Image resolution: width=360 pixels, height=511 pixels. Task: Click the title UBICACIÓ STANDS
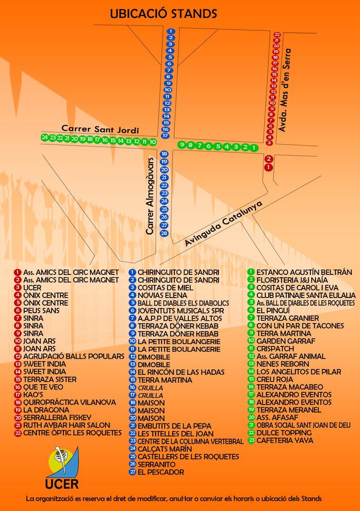[x=163, y=14]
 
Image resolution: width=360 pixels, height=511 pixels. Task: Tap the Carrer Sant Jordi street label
[x=100, y=129]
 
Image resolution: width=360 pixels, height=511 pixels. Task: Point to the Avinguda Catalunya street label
[x=223, y=223]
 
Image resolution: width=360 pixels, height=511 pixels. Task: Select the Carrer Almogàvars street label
[x=149, y=196]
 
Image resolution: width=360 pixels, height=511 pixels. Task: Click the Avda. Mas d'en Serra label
[x=284, y=90]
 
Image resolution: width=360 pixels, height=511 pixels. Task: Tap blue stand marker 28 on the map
[x=164, y=233]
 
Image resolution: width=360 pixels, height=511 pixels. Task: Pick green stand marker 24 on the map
[x=44, y=138]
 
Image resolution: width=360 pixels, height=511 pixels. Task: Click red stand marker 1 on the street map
[x=268, y=167]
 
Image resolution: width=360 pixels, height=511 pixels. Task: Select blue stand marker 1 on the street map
[x=170, y=31]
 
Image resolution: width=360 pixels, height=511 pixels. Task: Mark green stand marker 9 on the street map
[x=182, y=144]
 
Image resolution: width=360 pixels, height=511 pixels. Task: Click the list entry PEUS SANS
[x=41, y=310]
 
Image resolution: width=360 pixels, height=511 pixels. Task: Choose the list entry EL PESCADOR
[x=161, y=472]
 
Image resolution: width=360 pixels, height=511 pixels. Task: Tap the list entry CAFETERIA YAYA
[x=285, y=441]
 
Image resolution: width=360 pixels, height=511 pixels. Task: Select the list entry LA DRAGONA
[x=46, y=410]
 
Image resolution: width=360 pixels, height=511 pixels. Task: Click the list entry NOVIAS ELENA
[x=162, y=295]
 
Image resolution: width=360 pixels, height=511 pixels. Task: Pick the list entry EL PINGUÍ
[x=273, y=310]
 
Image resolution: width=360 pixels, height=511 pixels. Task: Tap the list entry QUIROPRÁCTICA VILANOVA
[x=70, y=402]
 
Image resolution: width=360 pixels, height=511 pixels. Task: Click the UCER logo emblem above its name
[x=64, y=462]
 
